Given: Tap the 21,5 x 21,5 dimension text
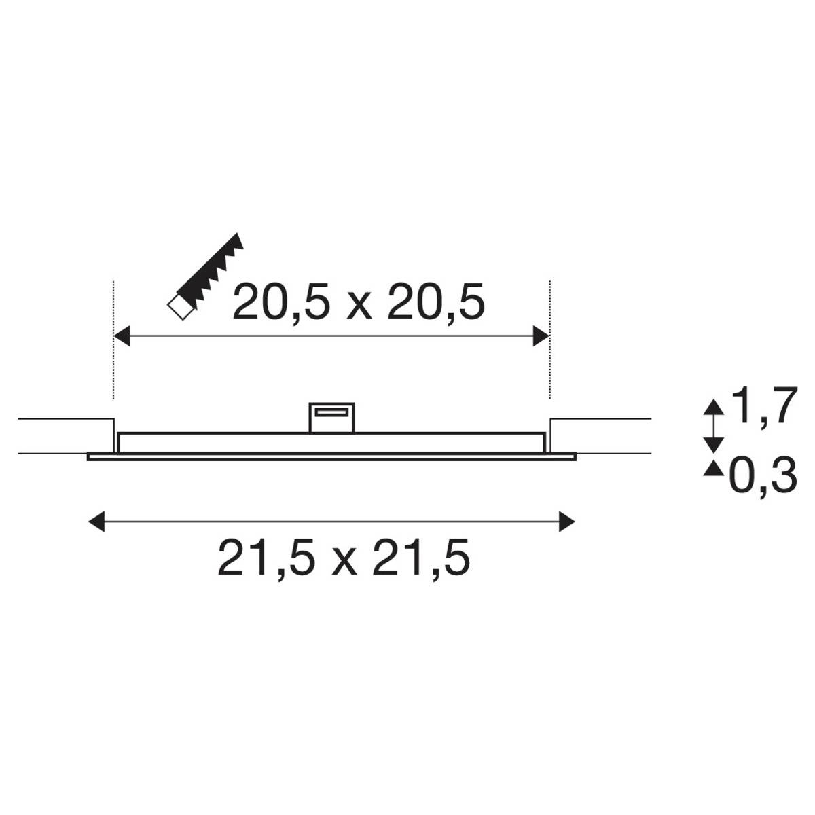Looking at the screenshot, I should [x=344, y=558].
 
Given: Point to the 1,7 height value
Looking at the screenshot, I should [x=761, y=407].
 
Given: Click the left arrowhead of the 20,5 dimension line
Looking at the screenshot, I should [x=121, y=336].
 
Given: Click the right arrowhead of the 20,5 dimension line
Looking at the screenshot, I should [x=541, y=336].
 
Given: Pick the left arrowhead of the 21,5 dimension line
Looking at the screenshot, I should [x=98, y=522].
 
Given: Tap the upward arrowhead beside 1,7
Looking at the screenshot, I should [x=712, y=408].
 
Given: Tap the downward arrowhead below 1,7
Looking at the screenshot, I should [x=712, y=444].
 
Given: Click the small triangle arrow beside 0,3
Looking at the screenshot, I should [x=712, y=468].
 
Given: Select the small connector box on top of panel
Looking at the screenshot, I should [x=332, y=416].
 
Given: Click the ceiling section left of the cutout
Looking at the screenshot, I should [x=65, y=436].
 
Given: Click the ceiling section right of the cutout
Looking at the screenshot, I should [x=601, y=435].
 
